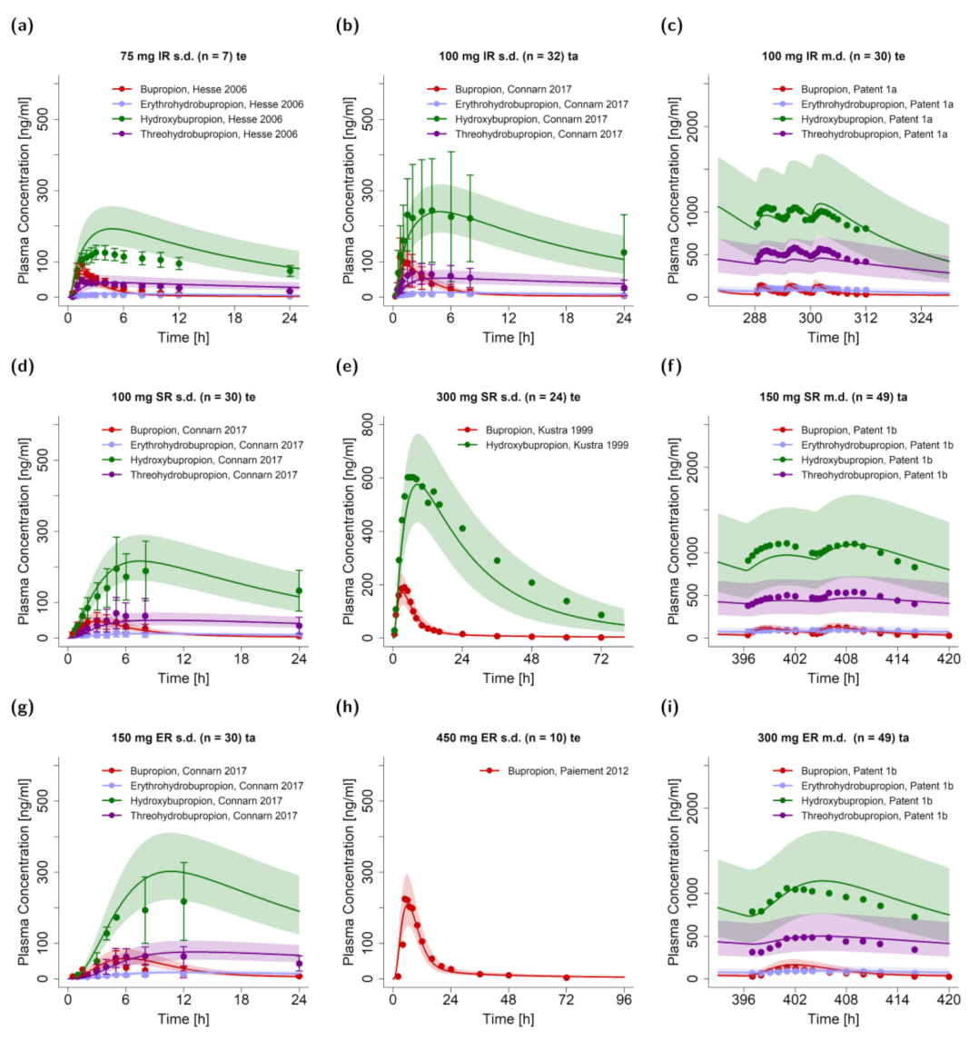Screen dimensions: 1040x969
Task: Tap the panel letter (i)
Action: [666, 708]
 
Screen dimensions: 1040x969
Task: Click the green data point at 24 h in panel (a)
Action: [290, 271]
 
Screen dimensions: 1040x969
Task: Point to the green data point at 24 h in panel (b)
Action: [624, 253]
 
